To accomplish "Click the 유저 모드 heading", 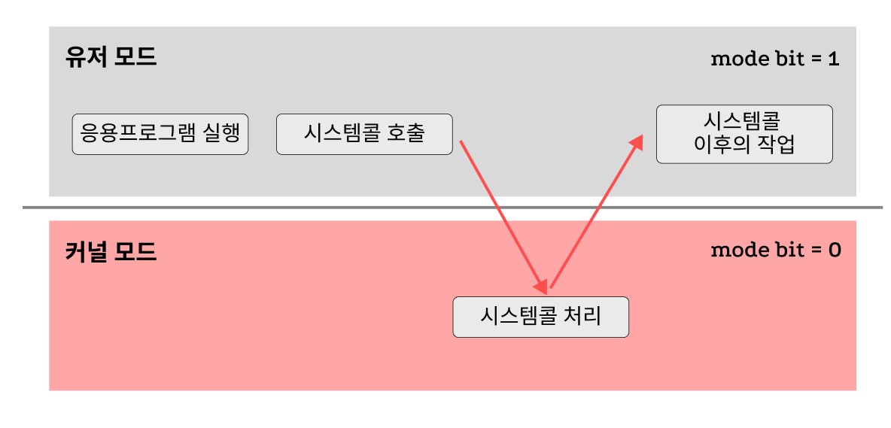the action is (111, 58).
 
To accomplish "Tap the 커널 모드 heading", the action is (111, 251).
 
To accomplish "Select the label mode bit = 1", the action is (774, 59).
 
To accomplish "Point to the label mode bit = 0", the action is (775, 250).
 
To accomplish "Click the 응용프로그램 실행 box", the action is (160, 134).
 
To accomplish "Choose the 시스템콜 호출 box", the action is (364, 134).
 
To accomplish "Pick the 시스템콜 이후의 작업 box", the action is (744, 134).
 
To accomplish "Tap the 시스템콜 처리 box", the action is (540, 317).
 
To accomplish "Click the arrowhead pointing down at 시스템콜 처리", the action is (541, 287).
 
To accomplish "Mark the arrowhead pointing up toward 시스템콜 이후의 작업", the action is (637, 142).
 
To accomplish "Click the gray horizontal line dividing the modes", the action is (452, 207).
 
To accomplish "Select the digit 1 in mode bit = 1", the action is (833, 59).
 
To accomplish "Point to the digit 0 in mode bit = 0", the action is (834, 250).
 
